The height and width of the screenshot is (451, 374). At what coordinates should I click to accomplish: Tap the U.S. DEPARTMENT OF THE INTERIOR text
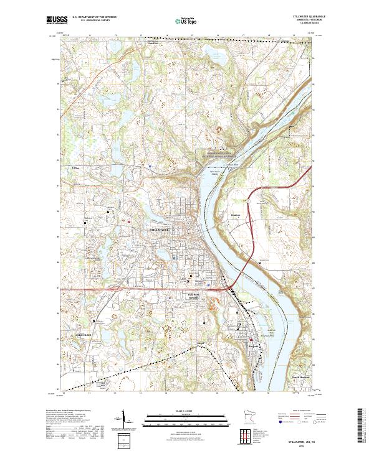point(93,17)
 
